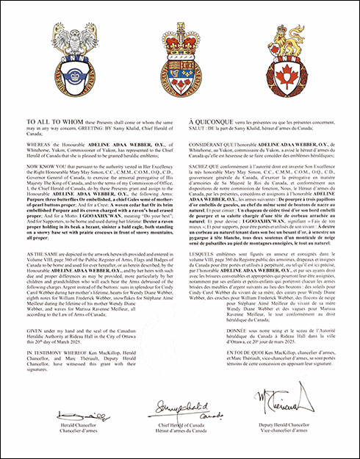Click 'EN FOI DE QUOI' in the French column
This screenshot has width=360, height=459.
click(208, 354)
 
